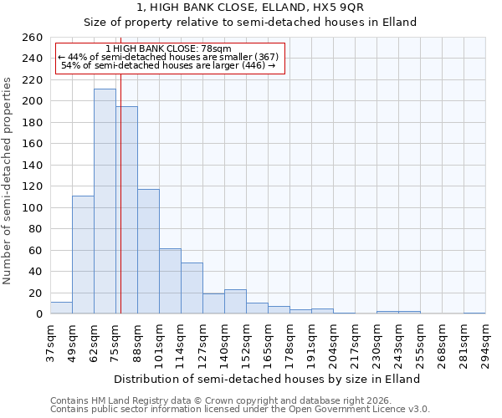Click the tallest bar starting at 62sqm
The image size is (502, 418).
pyautogui.click(x=105, y=201)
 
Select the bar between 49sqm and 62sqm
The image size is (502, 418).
pyautogui.click(x=83, y=255)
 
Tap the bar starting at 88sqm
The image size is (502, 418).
pyautogui.click(x=148, y=251)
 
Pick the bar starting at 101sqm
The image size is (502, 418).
pyautogui.click(x=170, y=281)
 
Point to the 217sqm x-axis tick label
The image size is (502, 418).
pyautogui.click(x=356, y=344)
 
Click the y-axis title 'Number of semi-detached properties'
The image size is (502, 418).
pyautogui.click(x=8, y=181)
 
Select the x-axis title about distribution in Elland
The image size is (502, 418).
pyautogui.click(x=266, y=379)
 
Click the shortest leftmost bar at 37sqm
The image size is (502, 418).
pyautogui.click(x=61, y=308)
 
